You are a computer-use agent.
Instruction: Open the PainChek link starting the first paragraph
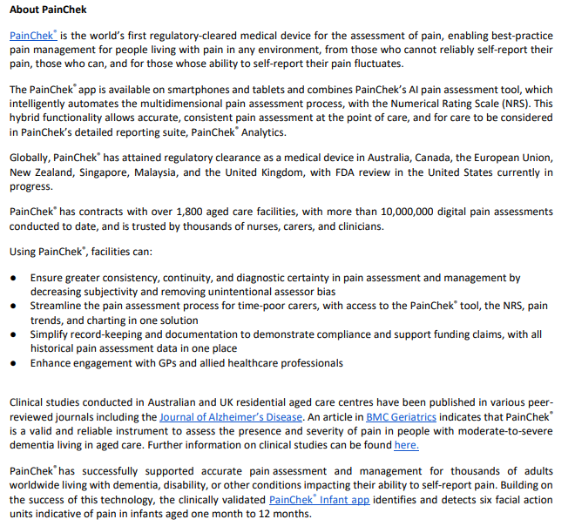coord(32,36)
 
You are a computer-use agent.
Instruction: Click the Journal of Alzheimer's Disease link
coord(231,417)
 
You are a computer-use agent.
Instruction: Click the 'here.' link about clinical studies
coord(406,445)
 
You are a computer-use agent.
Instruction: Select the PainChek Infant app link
coord(319,500)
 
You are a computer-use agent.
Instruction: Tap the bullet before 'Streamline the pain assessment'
coord(13,307)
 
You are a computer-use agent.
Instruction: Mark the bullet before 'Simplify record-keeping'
coord(13,335)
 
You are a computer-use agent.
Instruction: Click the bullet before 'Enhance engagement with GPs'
coord(13,363)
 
